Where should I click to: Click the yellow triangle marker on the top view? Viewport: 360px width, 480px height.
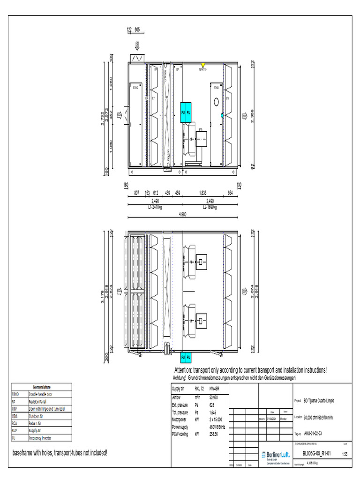pyautogui.click(x=202, y=65)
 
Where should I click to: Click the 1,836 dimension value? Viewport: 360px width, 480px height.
pyautogui.click(x=202, y=193)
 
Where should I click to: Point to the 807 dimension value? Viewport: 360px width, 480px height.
pyautogui.click(x=136, y=193)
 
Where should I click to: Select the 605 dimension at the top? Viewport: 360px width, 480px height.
pyautogui.click(x=137, y=30)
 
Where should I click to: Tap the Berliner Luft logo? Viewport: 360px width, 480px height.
pyautogui.click(x=275, y=455)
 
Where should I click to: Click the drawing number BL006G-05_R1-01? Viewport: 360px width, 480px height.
pyautogui.click(x=317, y=454)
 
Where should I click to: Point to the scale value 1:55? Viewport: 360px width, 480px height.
pyautogui.click(x=345, y=454)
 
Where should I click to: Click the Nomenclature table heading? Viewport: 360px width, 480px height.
pyautogui.click(x=42, y=387)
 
